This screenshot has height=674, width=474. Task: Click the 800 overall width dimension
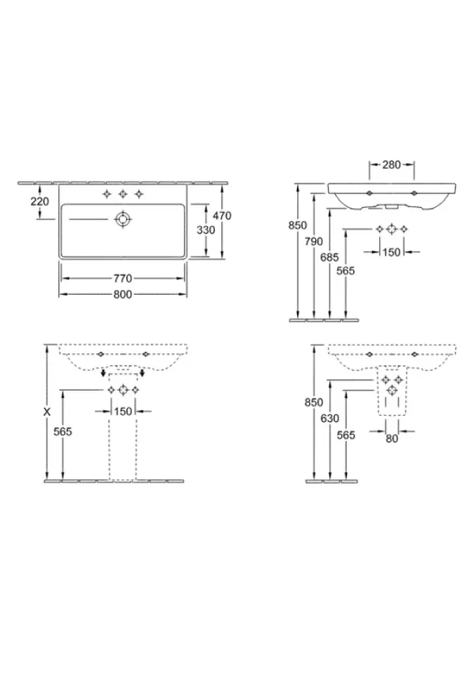coord(123,294)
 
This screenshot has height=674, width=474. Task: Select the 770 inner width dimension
coord(123,279)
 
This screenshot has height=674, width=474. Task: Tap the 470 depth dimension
coord(222,216)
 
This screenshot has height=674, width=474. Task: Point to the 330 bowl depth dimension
coord(206,230)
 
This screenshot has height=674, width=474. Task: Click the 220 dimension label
coord(39,201)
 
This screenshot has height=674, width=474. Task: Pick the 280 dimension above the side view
coord(391,164)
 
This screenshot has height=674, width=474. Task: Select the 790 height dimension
coord(314,242)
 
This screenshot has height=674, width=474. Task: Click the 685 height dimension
coord(329,257)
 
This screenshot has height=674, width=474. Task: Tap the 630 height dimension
coord(330,418)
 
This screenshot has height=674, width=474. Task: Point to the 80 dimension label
coord(392,439)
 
